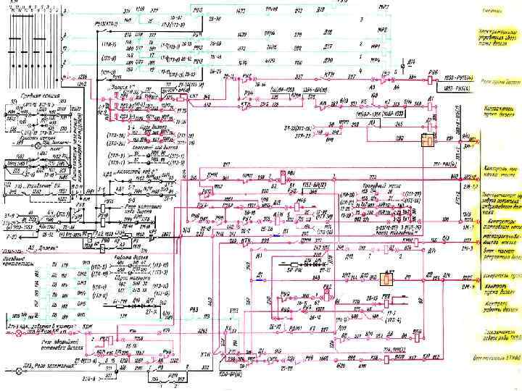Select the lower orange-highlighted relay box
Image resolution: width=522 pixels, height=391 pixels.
[x=388, y=279]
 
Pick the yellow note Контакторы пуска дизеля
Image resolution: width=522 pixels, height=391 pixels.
[x=500, y=111]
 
